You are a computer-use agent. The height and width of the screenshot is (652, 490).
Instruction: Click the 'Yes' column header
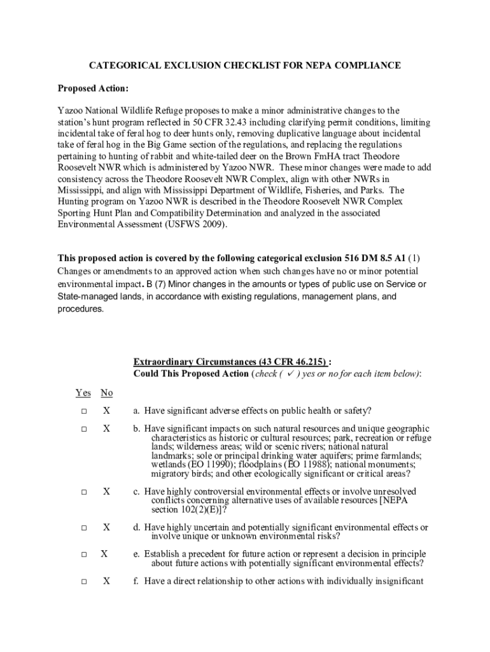coord(83,393)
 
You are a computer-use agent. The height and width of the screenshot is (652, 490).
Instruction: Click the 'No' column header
coord(107,393)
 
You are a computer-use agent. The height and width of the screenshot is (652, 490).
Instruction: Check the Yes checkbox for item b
coord(83,429)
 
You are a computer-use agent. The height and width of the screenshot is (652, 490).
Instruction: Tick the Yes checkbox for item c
coord(83,492)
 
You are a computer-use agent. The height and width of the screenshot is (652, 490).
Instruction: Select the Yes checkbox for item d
coord(83,528)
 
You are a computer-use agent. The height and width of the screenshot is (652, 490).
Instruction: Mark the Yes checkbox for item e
coord(83,555)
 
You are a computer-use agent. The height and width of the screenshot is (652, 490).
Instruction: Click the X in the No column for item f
coord(107,581)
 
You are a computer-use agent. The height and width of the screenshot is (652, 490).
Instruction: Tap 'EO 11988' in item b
coord(305,464)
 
